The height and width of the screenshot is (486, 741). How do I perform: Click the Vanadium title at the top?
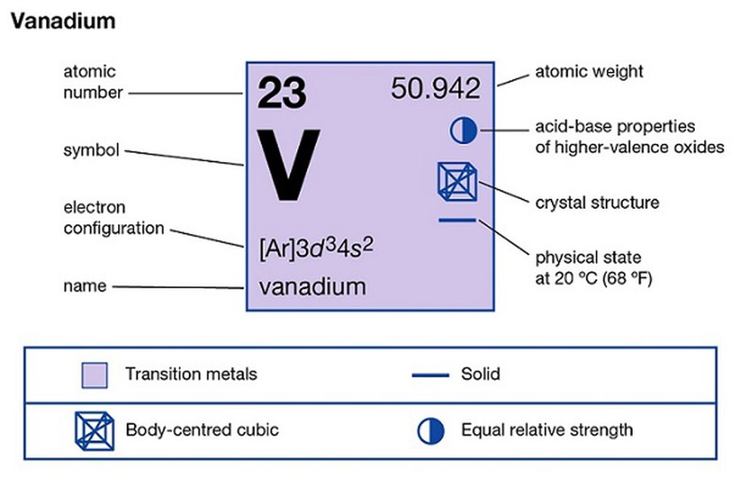coord(64,21)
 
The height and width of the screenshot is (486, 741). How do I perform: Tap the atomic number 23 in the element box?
coord(281,93)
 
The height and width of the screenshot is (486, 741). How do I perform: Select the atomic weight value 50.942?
coord(436,89)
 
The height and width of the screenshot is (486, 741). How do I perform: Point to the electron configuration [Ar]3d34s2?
coord(316,248)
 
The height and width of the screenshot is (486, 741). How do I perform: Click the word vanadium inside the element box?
coord(312,287)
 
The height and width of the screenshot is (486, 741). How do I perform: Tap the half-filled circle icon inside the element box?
coord(463,131)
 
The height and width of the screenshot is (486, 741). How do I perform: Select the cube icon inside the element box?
coord(457,181)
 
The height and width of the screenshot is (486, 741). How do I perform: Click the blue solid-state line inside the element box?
coord(457,220)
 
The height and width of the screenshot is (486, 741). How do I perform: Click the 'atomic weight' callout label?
coord(589,71)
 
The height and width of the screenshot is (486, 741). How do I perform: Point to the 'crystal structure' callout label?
coord(597,203)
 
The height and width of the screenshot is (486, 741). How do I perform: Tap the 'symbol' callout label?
coord(91,151)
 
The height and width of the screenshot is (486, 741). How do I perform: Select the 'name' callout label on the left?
coord(85,286)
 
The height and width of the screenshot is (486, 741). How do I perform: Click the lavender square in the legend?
coord(95,375)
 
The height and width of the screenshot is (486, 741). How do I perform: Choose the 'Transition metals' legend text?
coord(191,374)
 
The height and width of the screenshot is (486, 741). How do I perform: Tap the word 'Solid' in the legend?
coord(481,374)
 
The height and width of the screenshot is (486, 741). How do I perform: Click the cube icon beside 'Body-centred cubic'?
coord(95,431)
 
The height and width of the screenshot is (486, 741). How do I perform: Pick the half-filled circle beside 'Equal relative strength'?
coord(430,431)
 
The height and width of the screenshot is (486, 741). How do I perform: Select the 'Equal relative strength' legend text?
coord(547,430)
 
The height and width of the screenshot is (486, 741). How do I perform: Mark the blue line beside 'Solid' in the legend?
coord(430,375)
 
